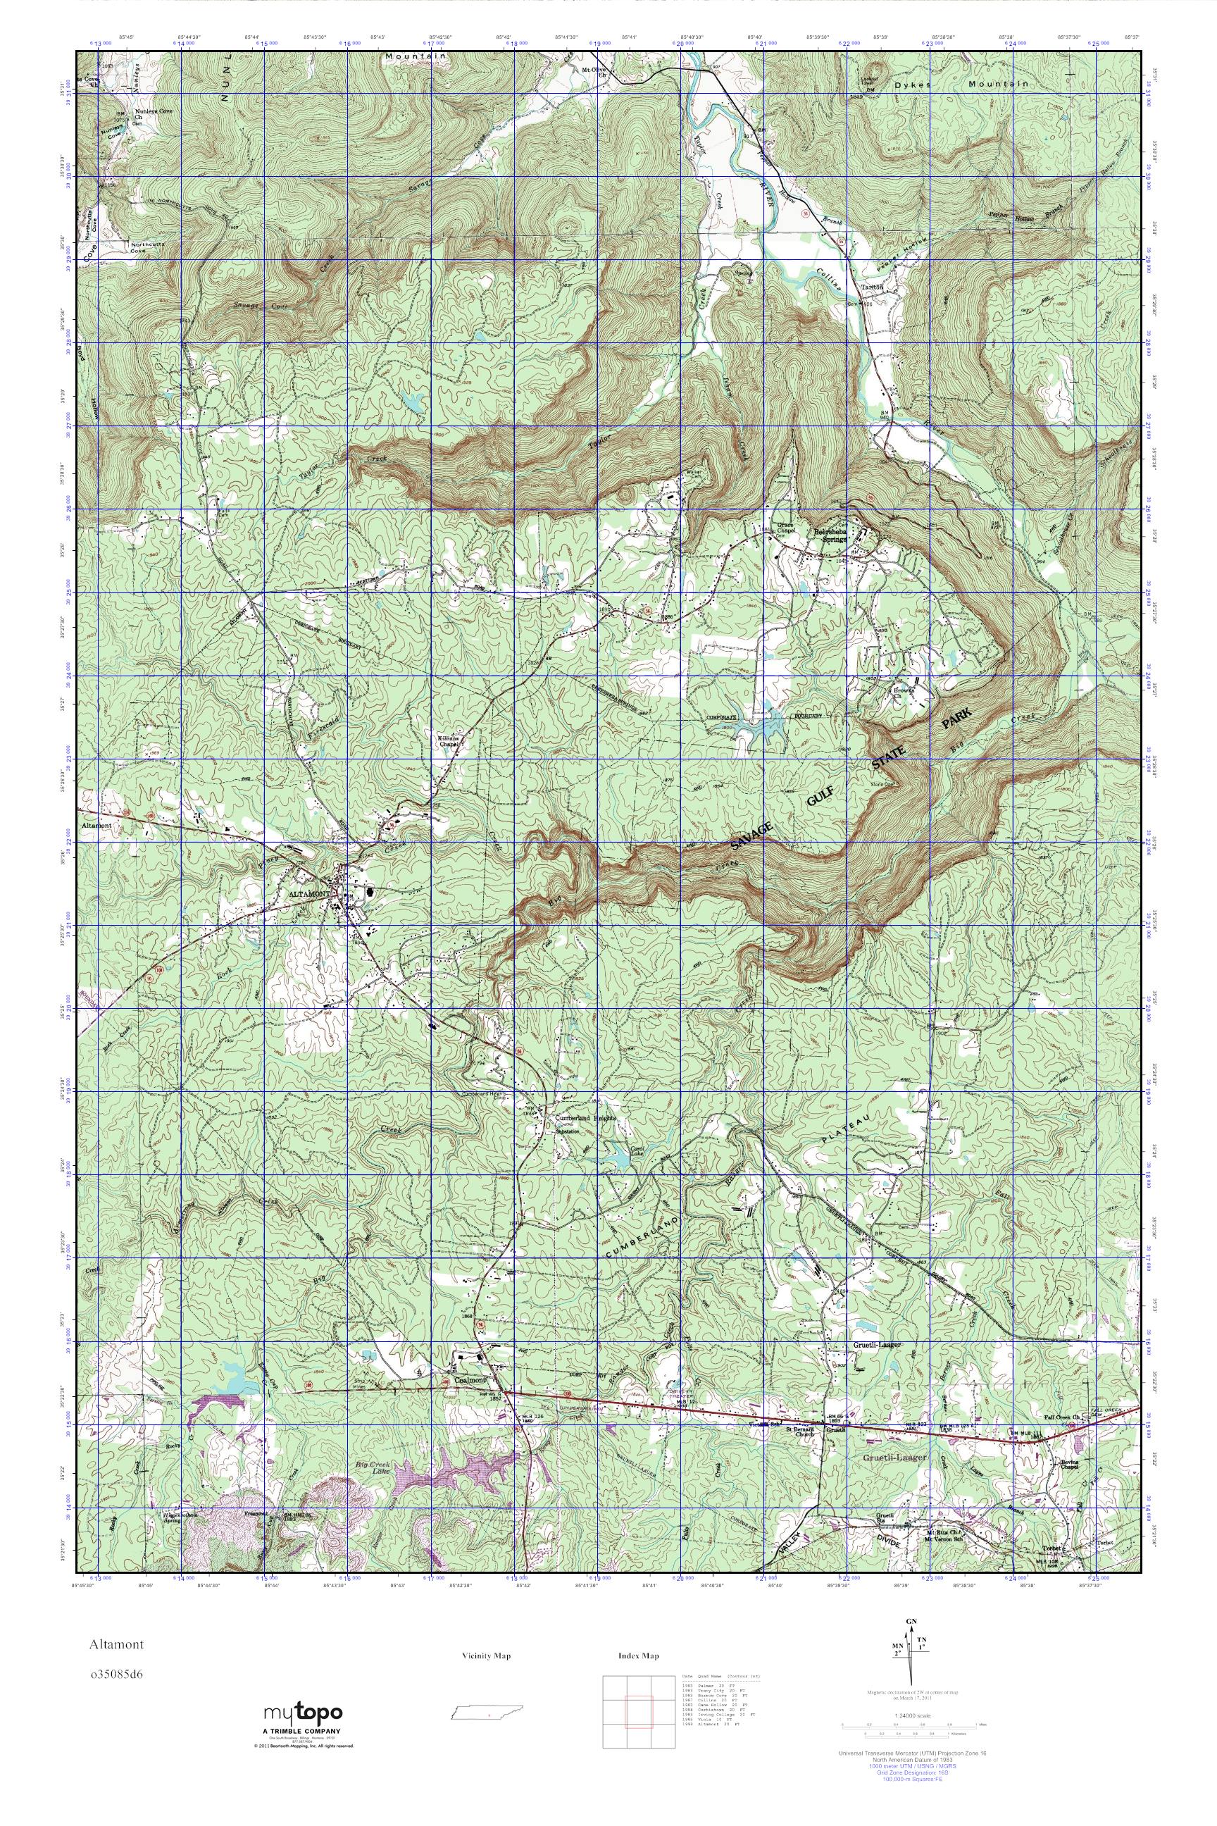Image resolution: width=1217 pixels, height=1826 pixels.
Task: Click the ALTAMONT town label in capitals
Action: coord(309,895)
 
